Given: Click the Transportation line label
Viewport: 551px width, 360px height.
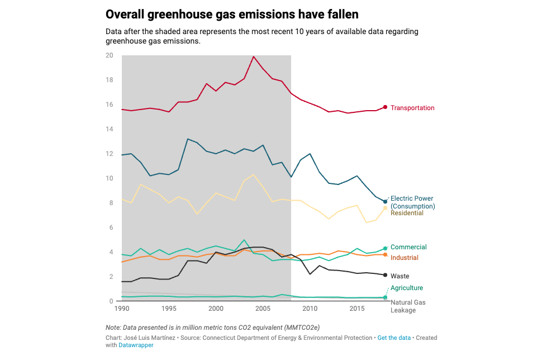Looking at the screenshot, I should [x=412, y=108].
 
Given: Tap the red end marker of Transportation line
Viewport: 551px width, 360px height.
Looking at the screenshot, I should [x=385, y=107].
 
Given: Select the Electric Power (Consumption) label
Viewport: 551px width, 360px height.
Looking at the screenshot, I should [x=412, y=202].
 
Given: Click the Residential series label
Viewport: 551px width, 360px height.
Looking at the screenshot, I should [x=407, y=213].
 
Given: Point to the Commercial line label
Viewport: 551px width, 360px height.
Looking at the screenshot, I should [x=408, y=247].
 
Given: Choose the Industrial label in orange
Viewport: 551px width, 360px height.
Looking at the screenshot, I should [x=404, y=258].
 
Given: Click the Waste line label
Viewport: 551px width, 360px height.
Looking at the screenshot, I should [x=400, y=276].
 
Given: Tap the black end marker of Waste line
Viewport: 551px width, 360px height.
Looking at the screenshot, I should [x=385, y=275].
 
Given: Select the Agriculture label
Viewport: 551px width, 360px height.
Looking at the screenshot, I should [x=406, y=288].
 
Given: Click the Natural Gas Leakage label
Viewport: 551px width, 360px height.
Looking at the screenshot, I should [x=408, y=306].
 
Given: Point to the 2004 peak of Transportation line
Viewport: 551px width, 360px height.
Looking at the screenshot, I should [x=254, y=56].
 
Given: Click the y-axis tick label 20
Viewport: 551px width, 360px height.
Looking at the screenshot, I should [x=109, y=55].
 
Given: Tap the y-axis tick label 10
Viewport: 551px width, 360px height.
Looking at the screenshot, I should [x=109, y=178].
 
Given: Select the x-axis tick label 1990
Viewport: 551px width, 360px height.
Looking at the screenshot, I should [x=121, y=309].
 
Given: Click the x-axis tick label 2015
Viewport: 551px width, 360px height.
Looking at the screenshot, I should [x=357, y=309].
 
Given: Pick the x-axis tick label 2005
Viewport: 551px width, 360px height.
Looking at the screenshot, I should [x=263, y=309].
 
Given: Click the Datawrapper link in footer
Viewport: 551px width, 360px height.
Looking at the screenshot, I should [x=136, y=345].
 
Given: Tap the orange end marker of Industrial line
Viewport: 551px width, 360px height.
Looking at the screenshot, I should [x=385, y=255].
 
